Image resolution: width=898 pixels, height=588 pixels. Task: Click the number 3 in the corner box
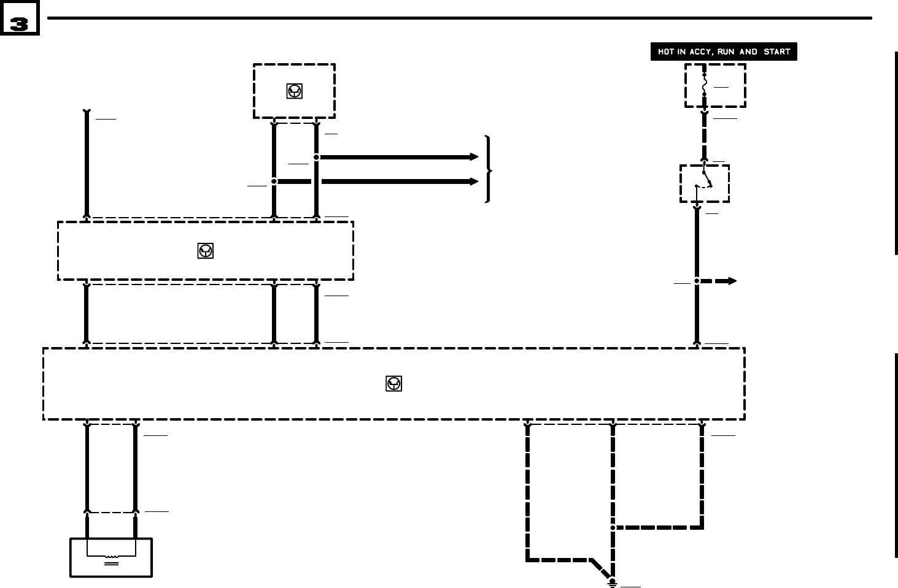tap(19, 24)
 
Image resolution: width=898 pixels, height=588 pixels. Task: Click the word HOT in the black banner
tap(666, 52)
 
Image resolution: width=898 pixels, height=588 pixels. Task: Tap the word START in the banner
tap(776, 52)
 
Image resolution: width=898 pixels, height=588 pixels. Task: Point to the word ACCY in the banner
tap(700, 52)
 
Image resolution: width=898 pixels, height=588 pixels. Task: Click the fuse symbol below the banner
tap(704, 85)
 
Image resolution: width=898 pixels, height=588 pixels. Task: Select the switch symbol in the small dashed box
tap(706, 180)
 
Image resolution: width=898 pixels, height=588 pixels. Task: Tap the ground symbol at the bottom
tap(612, 582)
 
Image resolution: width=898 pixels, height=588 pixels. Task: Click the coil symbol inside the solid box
tap(111, 557)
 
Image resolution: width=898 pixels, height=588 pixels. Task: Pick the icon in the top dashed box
tap(295, 91)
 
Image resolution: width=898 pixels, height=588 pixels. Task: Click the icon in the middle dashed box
tap(205, 251)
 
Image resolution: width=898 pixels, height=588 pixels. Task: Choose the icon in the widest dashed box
tap(393, 384)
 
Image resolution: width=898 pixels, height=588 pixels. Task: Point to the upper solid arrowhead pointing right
tap(474, 157)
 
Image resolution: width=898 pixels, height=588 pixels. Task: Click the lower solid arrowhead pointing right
tap(474, 181)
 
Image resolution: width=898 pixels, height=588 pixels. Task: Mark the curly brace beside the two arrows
tap(488, 169)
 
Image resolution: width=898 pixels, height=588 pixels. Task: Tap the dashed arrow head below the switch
tap(732, 281)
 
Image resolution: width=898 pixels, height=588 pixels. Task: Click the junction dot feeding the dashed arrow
tap(697, 281)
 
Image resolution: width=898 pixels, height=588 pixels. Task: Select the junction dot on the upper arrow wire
tap(316, 157)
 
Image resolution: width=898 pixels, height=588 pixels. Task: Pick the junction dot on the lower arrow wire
tap(274, 181)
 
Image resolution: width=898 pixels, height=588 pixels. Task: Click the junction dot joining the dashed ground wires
tap(613, 527)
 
